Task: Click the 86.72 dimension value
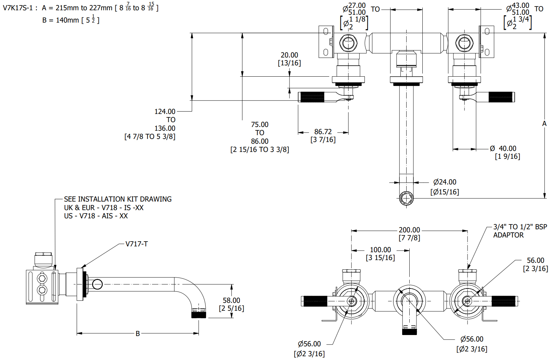[x=323, y=132]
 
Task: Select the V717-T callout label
[x=137, y=244]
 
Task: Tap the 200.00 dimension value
[x=409, y=230]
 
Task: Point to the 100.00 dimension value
[x=380, y=250]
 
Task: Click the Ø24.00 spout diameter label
[x=445, y=182]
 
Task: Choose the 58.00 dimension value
[x=231, y=300]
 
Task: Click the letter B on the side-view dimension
[x=138, y=333]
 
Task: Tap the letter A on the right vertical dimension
[x=544, y=124]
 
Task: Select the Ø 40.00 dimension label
[x=503, y=149]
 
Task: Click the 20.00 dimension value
[x=289, y=55]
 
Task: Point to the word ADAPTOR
[x=508, y=235]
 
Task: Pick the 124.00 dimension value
[x=165, y=112]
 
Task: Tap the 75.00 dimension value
[x=259, y=125]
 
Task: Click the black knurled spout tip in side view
[x=198, y=314]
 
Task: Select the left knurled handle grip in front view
[x=312, y=97]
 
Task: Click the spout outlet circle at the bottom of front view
[x=406, y=198]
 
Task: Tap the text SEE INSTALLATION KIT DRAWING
[x=118, y=199]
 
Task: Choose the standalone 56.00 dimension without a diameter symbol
[x=535, y=260]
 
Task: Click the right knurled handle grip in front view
[x=501, y=97]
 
